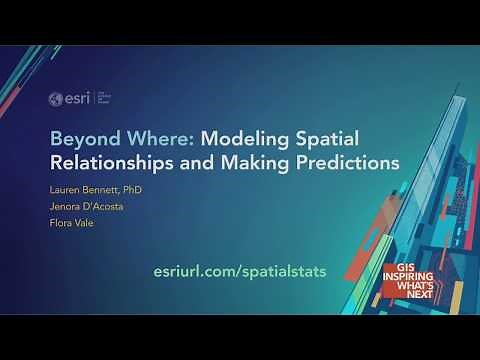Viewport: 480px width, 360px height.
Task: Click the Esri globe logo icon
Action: point(57,98)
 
